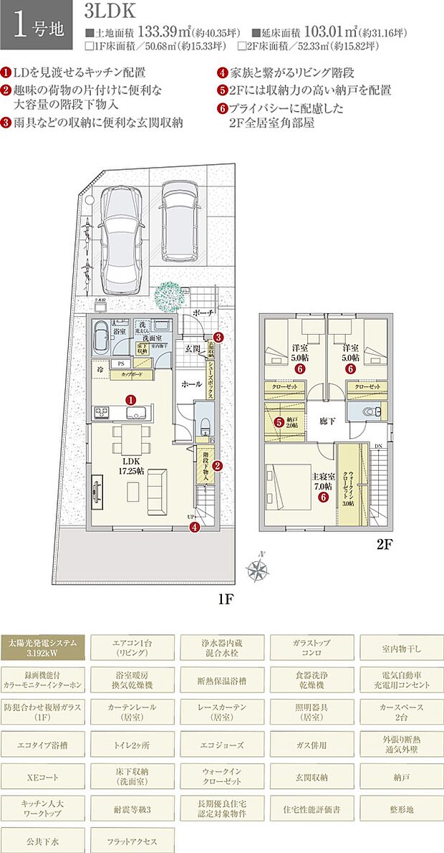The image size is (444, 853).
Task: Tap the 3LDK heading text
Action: pyautogui.click(x=108, y=13)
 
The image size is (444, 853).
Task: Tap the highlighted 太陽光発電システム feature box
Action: pyautogui.click(x=43, y=647)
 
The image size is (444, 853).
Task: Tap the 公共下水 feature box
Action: pyautogui.click(x=43, y=840)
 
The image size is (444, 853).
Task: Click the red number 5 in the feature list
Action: pyautogui.click(x=223, y=90)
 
